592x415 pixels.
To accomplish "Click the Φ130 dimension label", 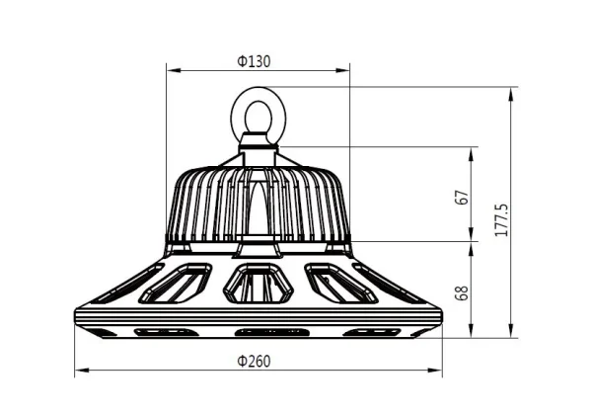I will (x=255, y=61).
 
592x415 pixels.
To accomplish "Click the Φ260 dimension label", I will (x=255, y=361).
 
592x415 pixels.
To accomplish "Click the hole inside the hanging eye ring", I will (x=257, y=114).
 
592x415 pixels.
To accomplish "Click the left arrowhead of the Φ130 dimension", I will (x=170, y=70).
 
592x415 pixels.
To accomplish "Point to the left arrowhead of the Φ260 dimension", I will (x=80, y=372).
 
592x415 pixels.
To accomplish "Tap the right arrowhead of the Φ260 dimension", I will (x=435, y=372).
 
